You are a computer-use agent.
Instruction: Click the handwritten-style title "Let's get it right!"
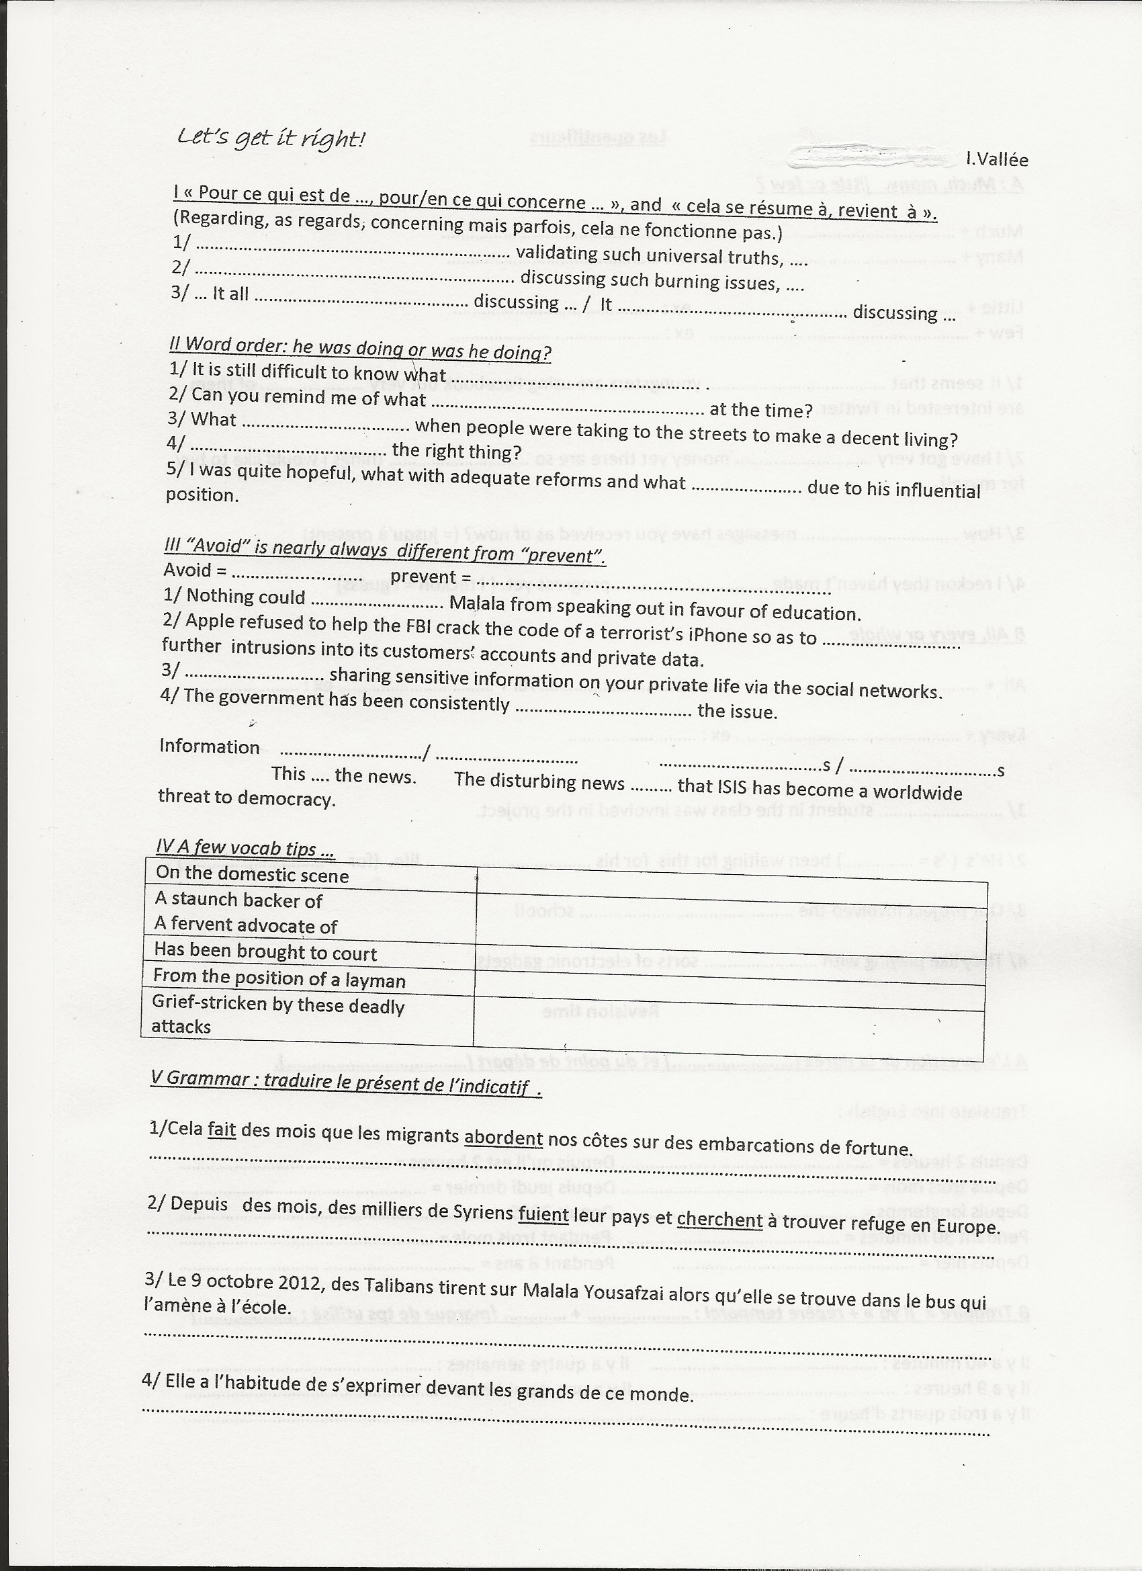pos(270,138)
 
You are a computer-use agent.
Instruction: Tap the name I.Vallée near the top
pos(997,159)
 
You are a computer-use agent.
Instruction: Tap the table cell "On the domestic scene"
pos(252,874)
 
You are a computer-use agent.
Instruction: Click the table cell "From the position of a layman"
pos(279,979)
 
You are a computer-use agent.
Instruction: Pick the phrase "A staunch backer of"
pos(239,900)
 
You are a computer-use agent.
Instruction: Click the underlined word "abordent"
pos(503,1138)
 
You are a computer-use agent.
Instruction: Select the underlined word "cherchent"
pos(719,1220)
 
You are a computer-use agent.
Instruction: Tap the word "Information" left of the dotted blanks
pos(209,746)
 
